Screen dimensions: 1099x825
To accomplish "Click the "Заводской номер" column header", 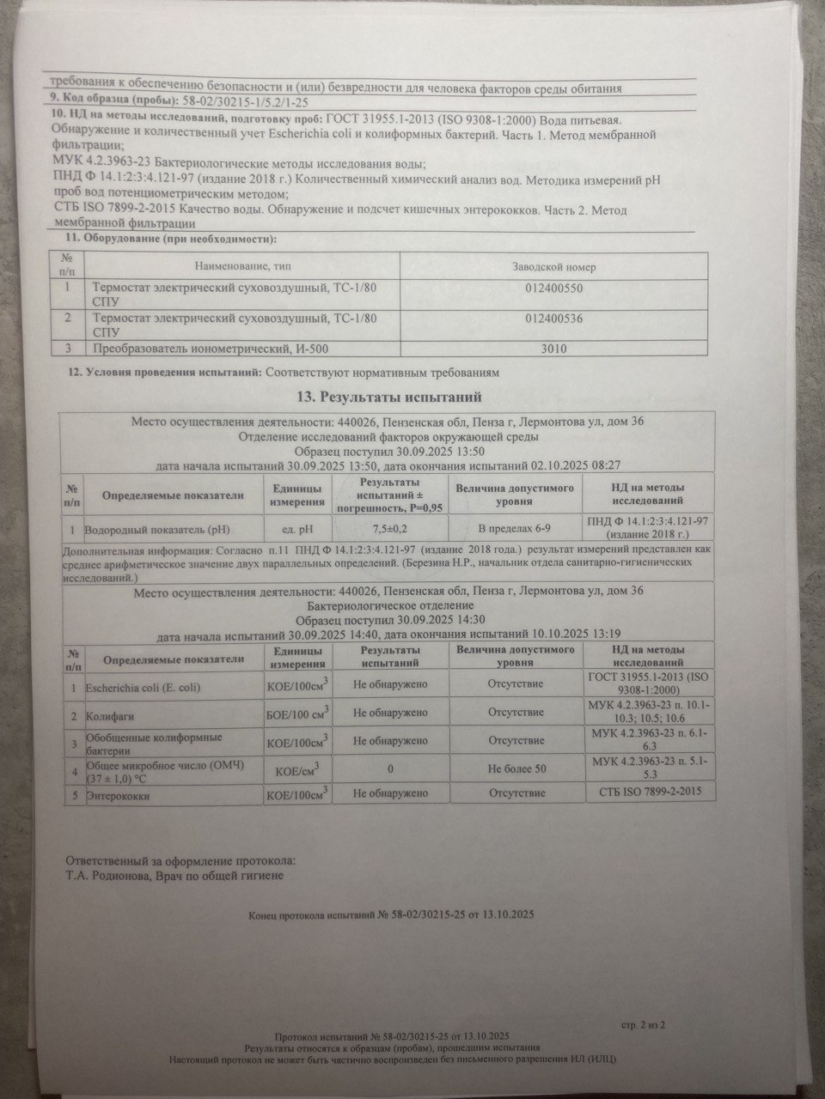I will pyautogui.click(x=553, y=267).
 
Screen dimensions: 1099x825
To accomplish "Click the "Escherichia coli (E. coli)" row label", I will pyautogui.click(x=143, y=687).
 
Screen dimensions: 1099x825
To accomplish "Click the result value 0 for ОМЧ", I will pyautogui.click(x=390, y=768).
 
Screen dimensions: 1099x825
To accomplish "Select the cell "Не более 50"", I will pyautogui.click(x=516, y=768).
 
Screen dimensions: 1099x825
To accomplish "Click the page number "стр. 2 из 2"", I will pyautogui.click(x=642, y=1024).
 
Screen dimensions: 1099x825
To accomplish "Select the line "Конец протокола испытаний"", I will pyautogui.click(x=391, y=915).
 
